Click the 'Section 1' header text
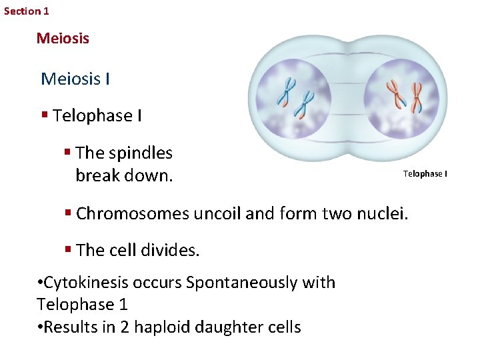pos(27,11)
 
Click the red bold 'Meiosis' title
pos(63,38)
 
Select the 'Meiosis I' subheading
pos(75,79)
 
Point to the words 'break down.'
pos(124,176)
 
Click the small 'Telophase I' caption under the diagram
pos(425,174)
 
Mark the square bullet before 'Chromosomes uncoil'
pos(68,213)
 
